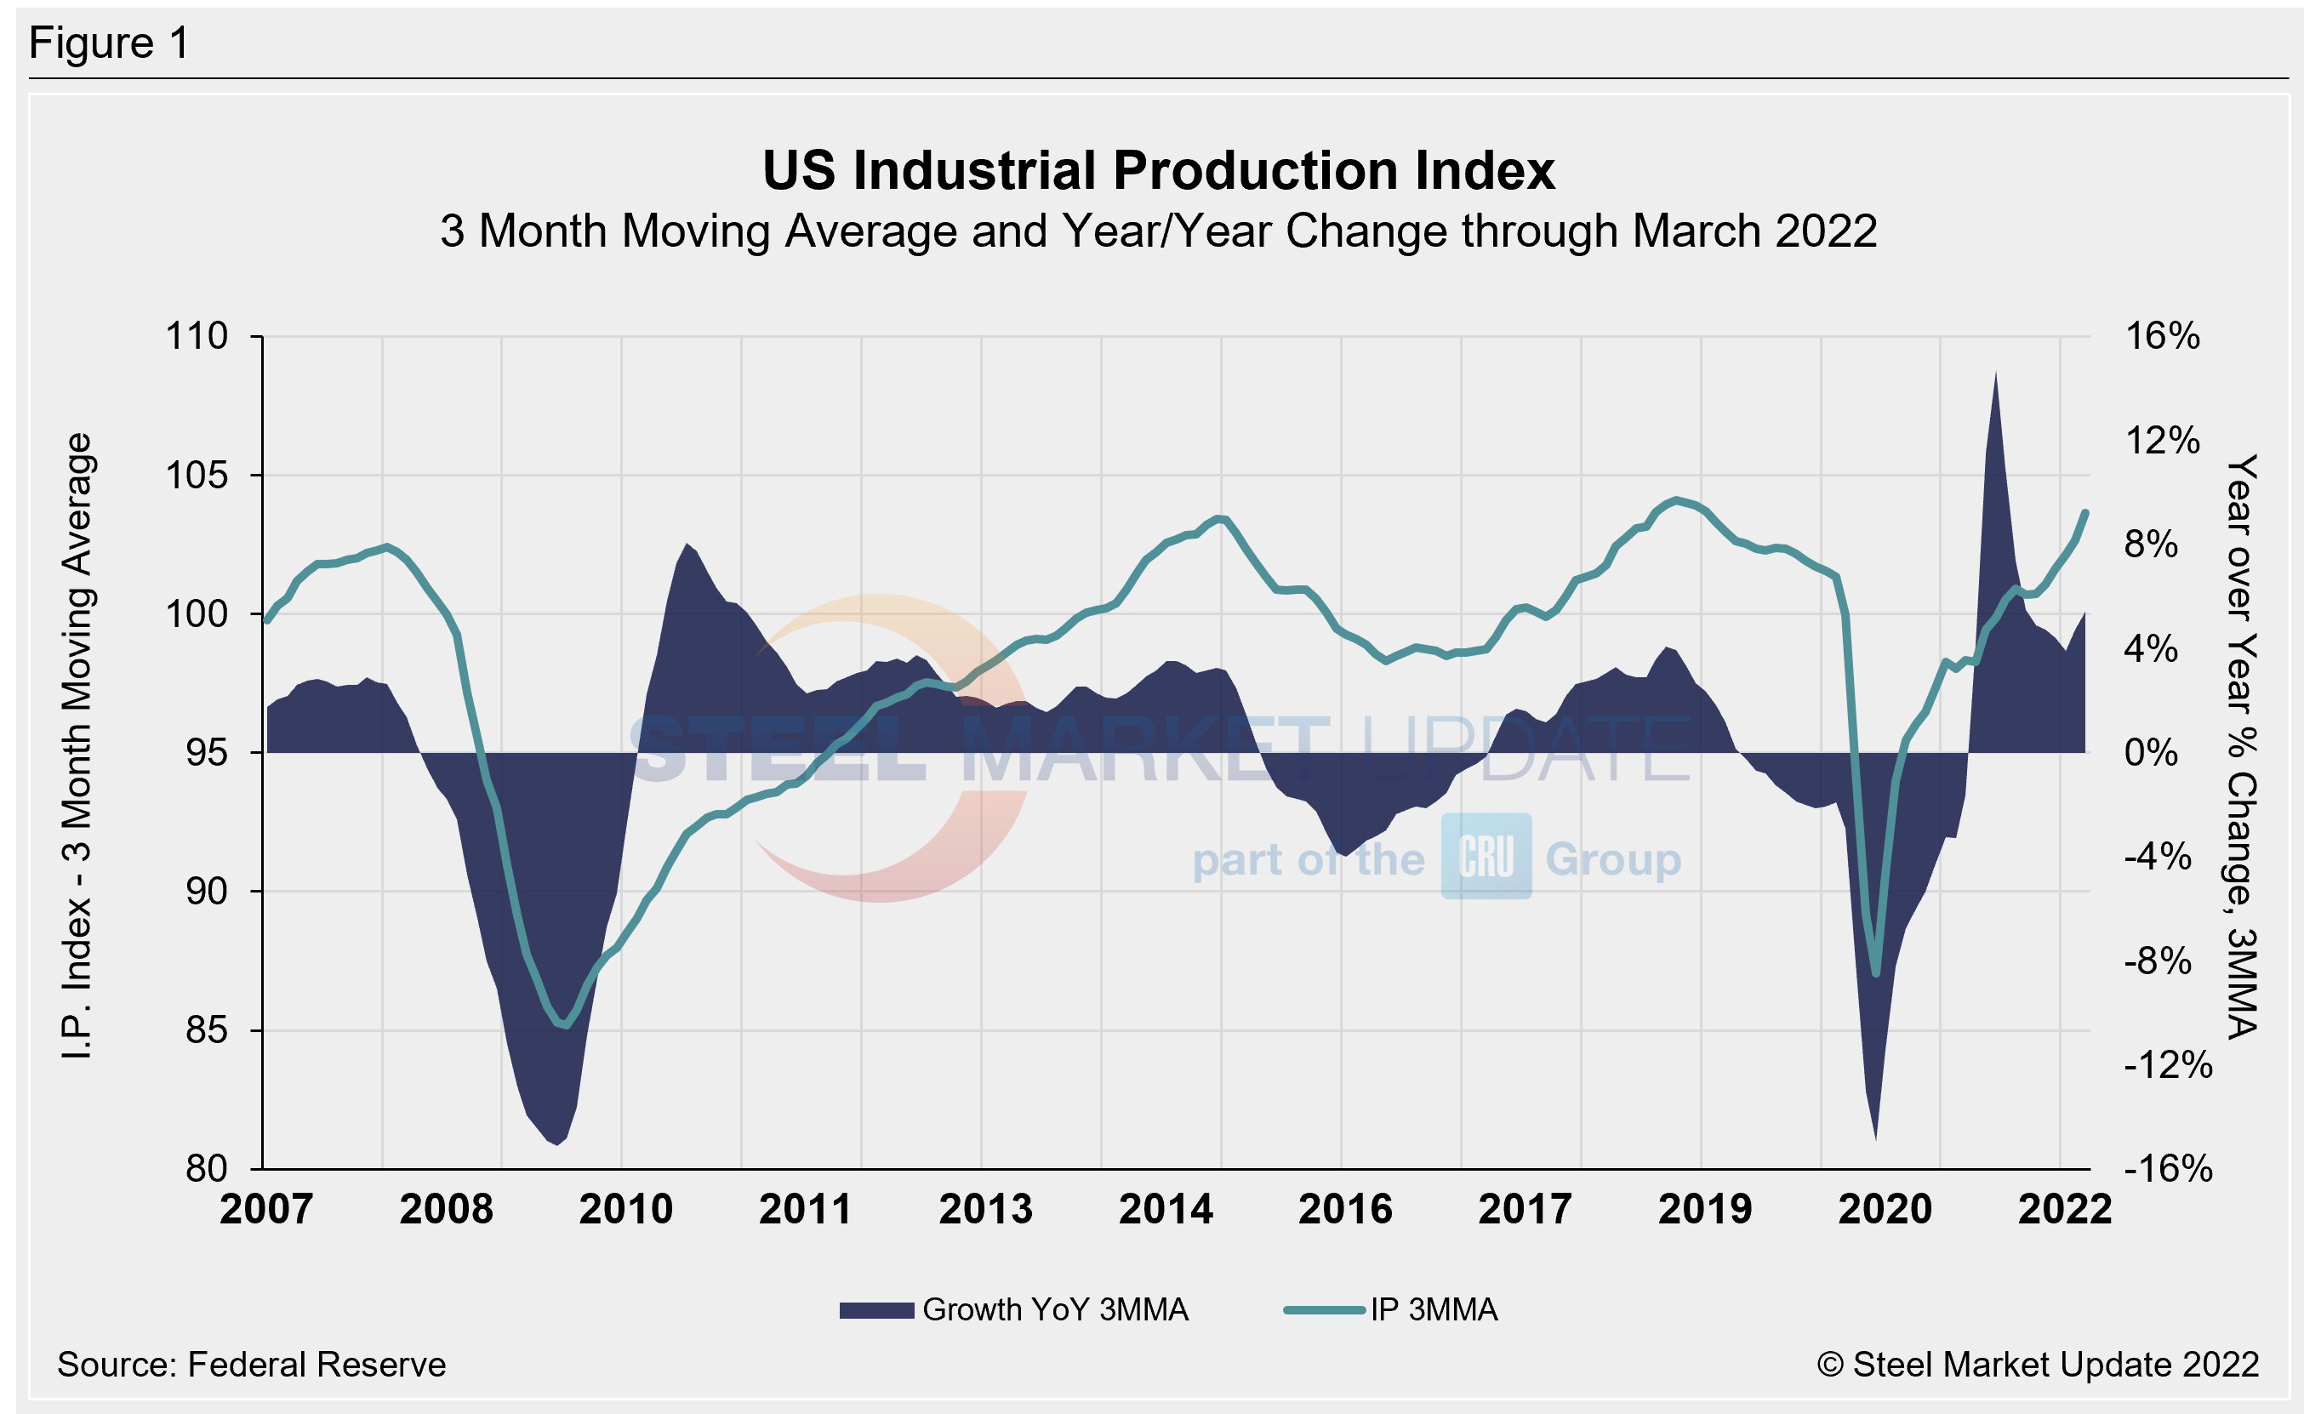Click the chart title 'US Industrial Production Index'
coord(1158,171)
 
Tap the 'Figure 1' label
coord(110,43)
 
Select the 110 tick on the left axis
coord(197,336)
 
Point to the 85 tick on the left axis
coord(206,1029)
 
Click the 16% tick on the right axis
coord(2162,336)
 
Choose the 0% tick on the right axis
coord(2150,752)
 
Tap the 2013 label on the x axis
coord(984,1209)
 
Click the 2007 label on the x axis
coord(266,1209)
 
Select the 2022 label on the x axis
coord(2064,1209)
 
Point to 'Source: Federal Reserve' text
coord(252,1365)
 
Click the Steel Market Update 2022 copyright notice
coord(2038,1365)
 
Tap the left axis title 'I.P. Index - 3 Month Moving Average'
coord(77,745)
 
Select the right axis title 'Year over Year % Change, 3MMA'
coord(2241,745)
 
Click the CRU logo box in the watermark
coord(1486,856)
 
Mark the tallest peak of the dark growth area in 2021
coord(1995,374)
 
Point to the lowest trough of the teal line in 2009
coord(565,1025)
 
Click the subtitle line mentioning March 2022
coord(1158,231)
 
